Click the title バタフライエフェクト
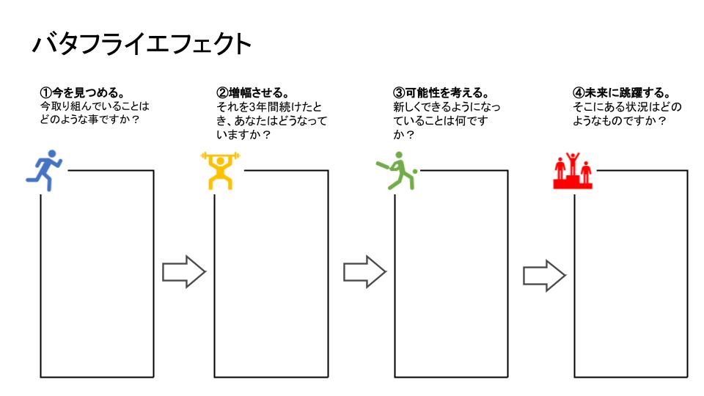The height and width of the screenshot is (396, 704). [x=142, y=45]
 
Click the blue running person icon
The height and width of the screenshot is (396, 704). [x=44, y=171]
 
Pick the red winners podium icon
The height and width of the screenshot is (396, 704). [x=573, y=171]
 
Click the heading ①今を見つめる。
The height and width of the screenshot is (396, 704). [x=81, y=93]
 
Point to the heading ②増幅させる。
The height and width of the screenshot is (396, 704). [x=253, y=93]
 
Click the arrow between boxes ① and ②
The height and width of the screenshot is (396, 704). [x=183, y=272]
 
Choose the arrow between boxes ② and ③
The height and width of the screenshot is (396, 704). [x=364, y=272]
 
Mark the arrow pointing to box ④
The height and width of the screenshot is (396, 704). [x=543, y=275]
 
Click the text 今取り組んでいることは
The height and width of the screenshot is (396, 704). [x=95, y=107]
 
